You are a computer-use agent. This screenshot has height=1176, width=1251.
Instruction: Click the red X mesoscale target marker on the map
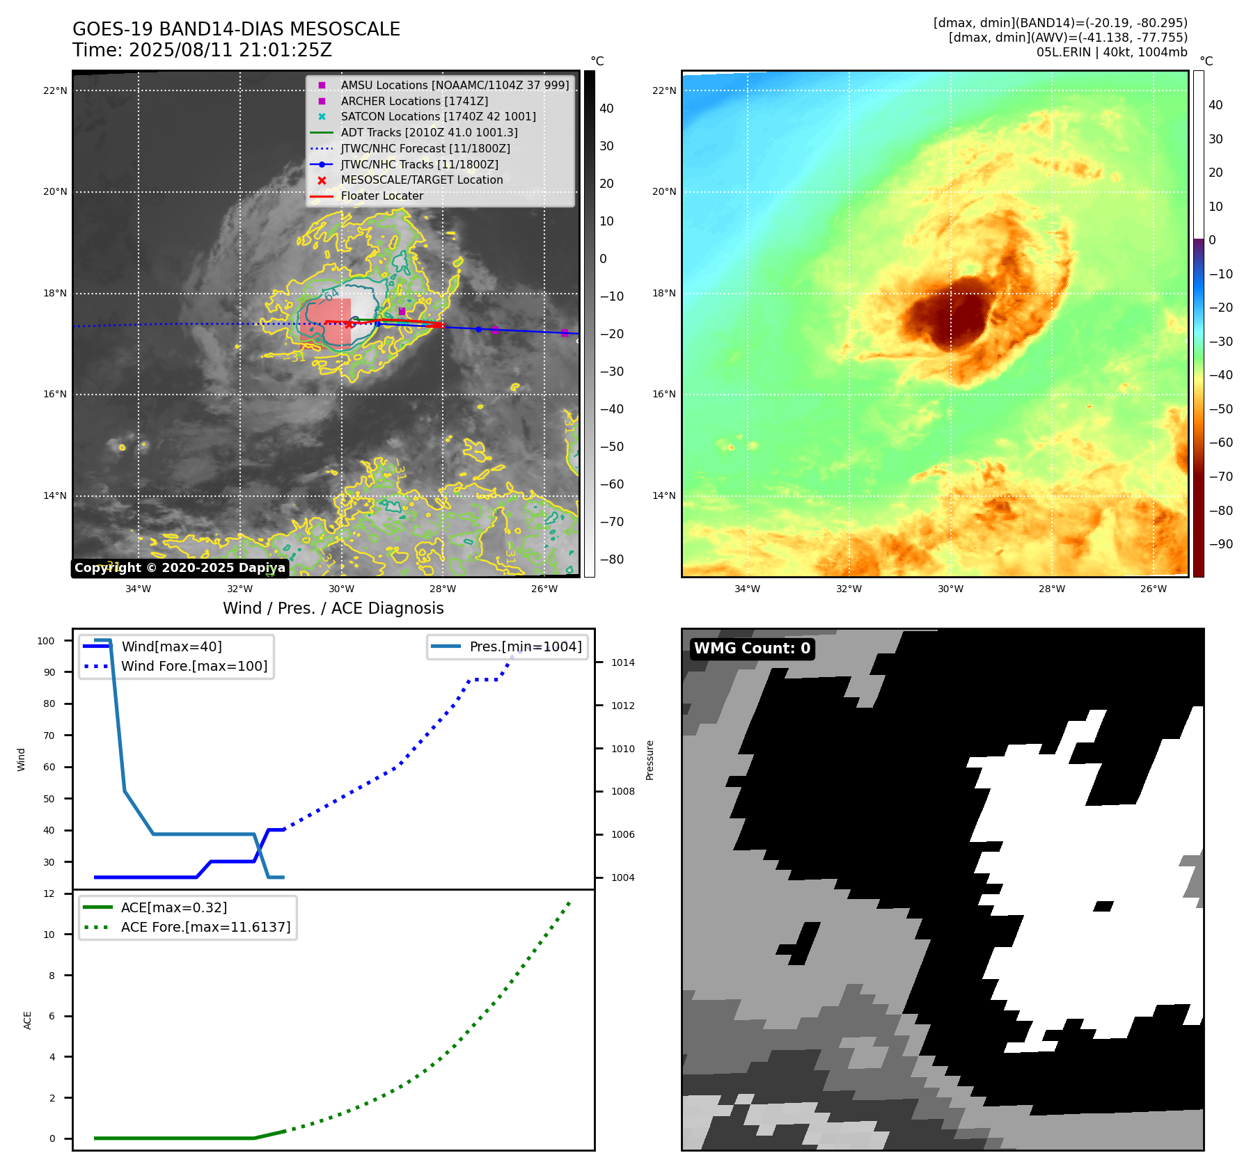(x=349, y=324)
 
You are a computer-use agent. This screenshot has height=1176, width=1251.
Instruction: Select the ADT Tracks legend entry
(x=429, y=132)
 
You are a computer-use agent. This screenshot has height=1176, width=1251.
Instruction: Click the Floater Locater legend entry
(x=381, y=196)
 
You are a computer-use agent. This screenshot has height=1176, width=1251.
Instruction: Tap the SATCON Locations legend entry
(x=438, y=116)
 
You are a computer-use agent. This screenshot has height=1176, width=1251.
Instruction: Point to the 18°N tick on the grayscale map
(x=55, y=293)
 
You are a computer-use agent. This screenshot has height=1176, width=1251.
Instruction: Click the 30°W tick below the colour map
(x=950, y=589)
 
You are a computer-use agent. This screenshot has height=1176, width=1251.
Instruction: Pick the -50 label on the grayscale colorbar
(x=612, y=447)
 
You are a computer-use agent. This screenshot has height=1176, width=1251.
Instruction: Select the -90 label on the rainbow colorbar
(x=1220, y=544)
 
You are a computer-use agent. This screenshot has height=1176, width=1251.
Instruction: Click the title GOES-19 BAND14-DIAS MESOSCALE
(x=236, y=29)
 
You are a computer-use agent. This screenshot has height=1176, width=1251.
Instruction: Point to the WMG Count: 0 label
(x=752, y=649)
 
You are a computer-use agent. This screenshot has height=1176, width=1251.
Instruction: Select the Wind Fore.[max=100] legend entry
(x=194, y=666)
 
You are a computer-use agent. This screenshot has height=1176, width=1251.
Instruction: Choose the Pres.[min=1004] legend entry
(x=526, y=646)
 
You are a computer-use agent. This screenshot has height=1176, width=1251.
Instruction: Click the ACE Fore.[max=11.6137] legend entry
(x=205, y=927)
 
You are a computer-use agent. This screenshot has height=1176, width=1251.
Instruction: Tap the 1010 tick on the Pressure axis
(x=623, y=749)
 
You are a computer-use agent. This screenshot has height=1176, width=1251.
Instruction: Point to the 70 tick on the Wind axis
(x=49, y=736)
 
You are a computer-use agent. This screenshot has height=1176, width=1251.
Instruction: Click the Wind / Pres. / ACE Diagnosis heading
(x=333, y=608)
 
